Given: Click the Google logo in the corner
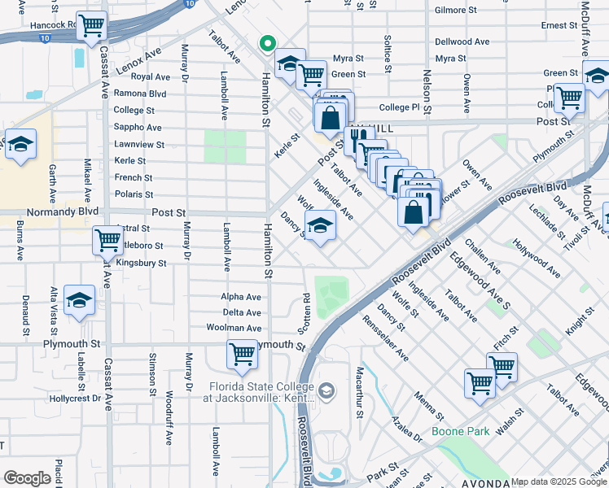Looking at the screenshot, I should tap(27, 478).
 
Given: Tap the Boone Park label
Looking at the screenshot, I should tap(460, 431).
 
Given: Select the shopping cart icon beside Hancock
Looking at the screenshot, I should tap(92, 26).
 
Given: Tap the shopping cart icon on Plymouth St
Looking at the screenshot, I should tap(242, 355).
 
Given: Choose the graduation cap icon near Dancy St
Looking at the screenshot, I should tap(321, 227).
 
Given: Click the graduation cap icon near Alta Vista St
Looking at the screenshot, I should tap(79, 302).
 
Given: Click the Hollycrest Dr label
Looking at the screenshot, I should tap(74, 399).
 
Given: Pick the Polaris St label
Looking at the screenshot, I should tap(134, 194).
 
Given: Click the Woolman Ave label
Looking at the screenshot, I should tap(234, 328).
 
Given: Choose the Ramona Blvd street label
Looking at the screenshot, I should tap(140, 94).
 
